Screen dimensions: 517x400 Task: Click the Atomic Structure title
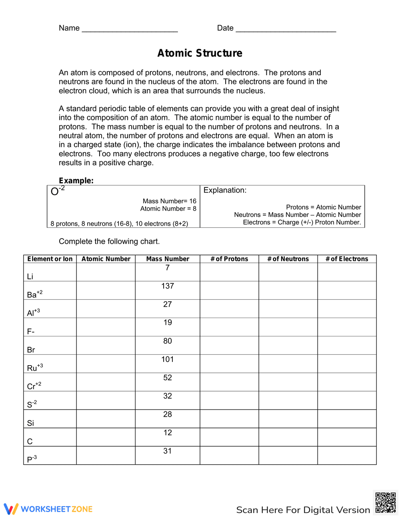pyautogui.click(x=200, y=53)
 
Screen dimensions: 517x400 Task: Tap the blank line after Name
pyautogui.click(x=130, y=29)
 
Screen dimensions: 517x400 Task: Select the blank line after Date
pyautogui.click(x=286, y=29)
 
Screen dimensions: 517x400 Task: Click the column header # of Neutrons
pyautogui.click(x=288, y=259)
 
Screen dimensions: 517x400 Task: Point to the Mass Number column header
pyautogui.click(x=168, y=259)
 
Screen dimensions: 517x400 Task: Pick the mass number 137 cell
pyautogui.click(x=168, y=286)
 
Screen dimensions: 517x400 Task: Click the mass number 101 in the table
pyautogui.click(x=168, y=360)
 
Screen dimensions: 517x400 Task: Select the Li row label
pyautogui.click(x=30, y=276)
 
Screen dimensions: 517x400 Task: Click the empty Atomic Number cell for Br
pyautogui.click(x=106, y=346)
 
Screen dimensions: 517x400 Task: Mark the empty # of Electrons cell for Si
pyautogui.click(x=347, y=419)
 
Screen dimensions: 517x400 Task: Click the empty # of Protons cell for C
pyautogui.click(x=229, y=437)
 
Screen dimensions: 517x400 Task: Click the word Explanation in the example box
pyautogui.click(x=225, y=190)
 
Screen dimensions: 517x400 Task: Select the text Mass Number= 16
pyautogui.click(x=170, y=201)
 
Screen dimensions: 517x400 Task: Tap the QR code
pyautogui.click(x=386, y=503)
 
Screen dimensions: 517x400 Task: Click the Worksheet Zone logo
pyautogui.click(x=48, y=509)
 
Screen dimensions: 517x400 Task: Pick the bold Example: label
pyautogui.click(x=76, y=181)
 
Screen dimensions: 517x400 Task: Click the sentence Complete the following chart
pyautogui.click(x=109, y=241)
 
